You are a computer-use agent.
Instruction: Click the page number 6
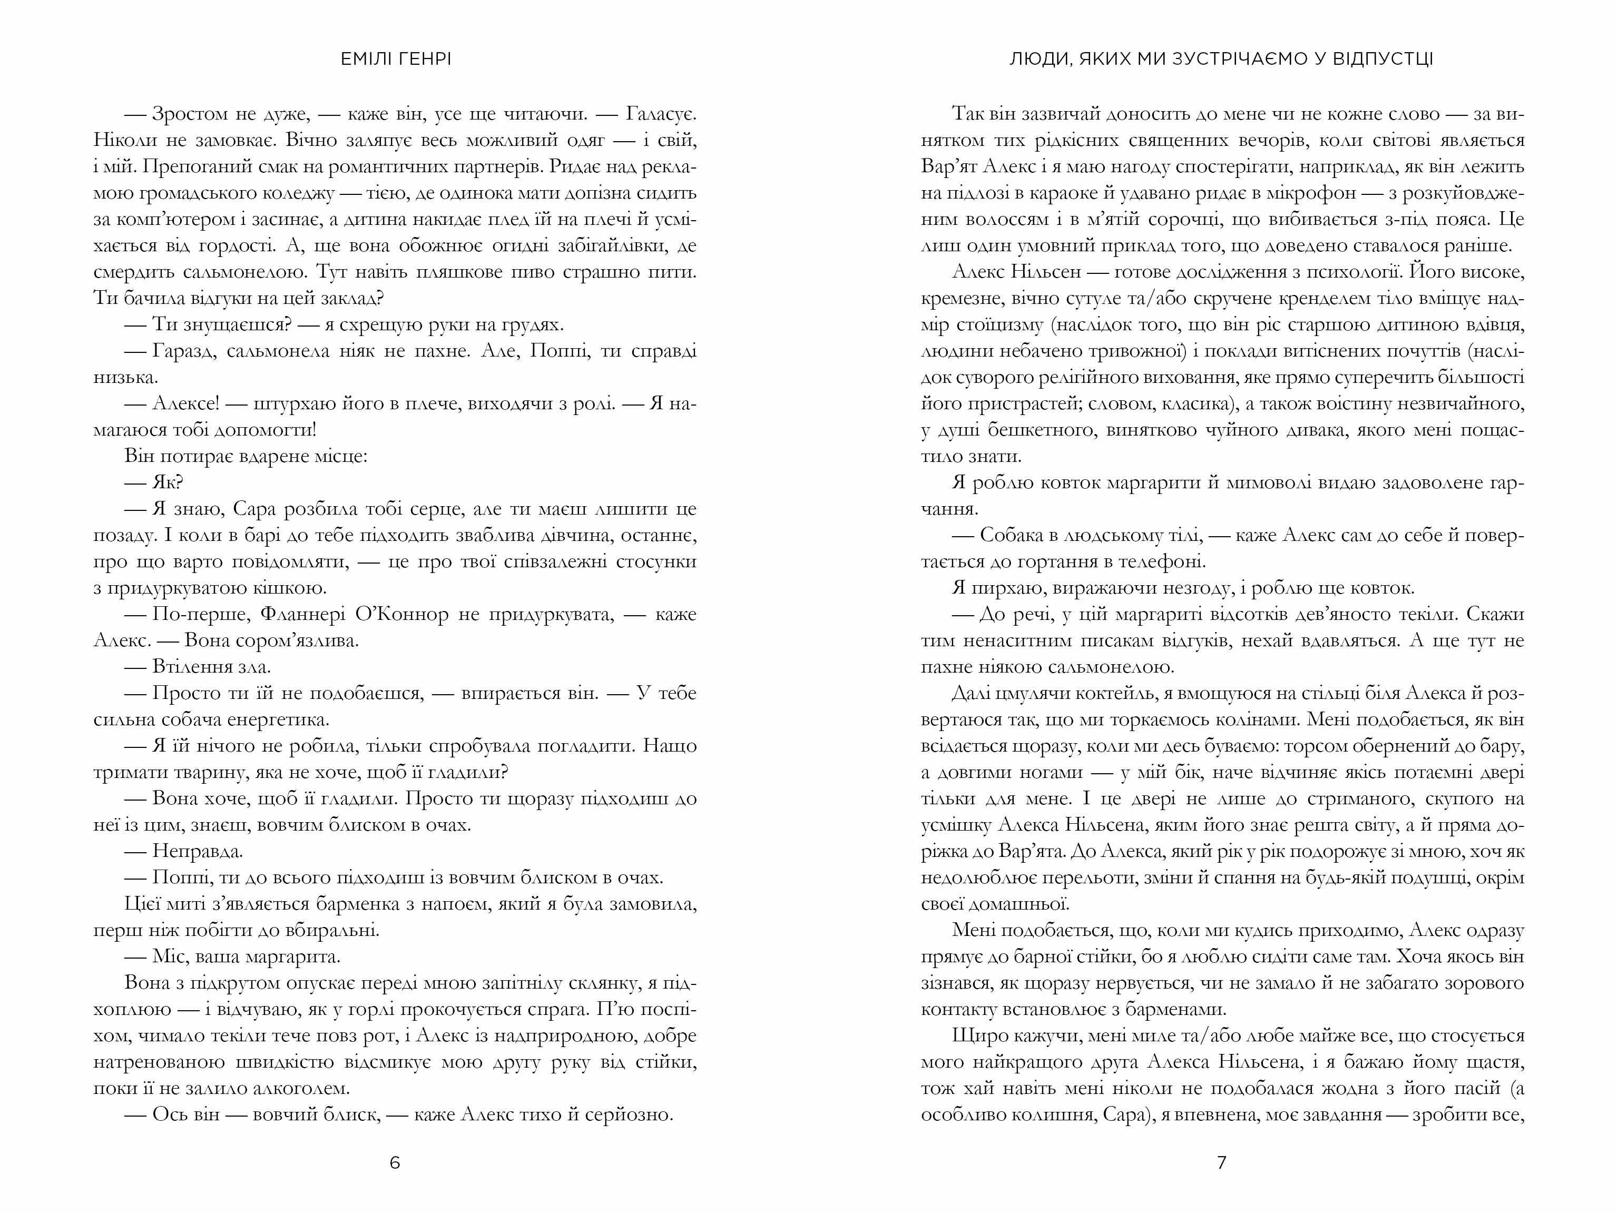(x=395, y=1162)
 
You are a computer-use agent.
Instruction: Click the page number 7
(x=1222, y=1162)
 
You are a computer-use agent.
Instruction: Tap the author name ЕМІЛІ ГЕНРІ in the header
(x=396, y=59)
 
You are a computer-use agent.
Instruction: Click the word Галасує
(x=661, y=115)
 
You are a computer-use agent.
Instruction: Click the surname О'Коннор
(x=401, y=615)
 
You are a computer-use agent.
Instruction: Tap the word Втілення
(x=192, y=667)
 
